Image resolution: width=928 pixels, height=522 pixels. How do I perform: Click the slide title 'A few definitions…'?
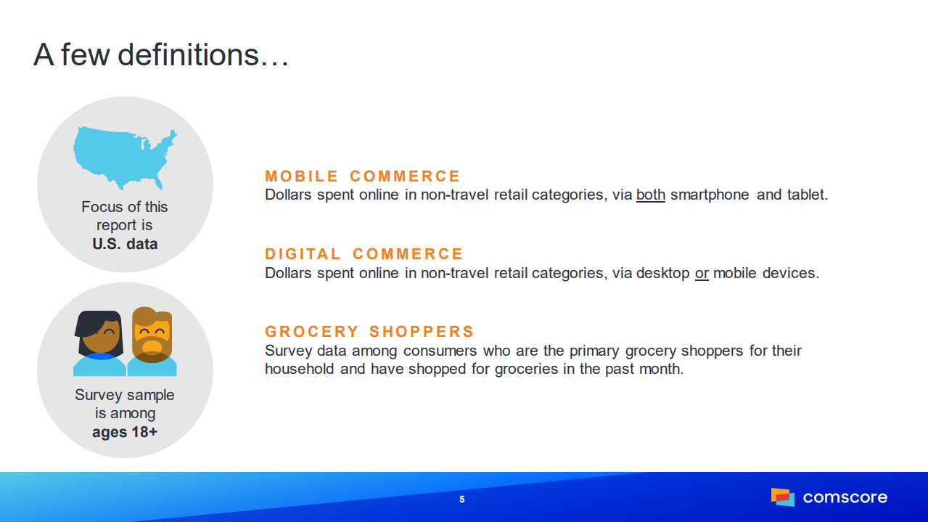161,55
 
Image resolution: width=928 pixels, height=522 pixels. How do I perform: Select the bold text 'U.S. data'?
125,244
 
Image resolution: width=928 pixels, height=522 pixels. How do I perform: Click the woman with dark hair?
100,343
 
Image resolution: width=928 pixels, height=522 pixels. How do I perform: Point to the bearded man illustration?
152,341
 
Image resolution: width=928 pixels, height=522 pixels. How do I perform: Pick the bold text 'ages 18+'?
125,432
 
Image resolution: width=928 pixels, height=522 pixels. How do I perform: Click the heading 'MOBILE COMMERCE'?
363,176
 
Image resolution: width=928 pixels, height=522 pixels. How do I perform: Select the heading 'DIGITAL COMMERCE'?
364,254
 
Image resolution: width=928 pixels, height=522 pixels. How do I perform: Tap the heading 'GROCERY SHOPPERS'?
369,332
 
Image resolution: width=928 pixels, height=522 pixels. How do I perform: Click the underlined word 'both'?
651,195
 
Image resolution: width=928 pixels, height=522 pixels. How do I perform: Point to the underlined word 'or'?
702,273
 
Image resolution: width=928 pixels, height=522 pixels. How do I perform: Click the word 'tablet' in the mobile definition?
806,195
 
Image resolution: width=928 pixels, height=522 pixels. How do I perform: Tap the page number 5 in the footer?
462,499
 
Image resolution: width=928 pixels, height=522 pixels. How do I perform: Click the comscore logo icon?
783,497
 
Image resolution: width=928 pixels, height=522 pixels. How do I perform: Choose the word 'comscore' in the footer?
845,497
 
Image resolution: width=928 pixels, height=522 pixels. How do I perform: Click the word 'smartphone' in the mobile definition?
710,195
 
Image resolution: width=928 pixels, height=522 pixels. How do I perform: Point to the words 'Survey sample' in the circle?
125,395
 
